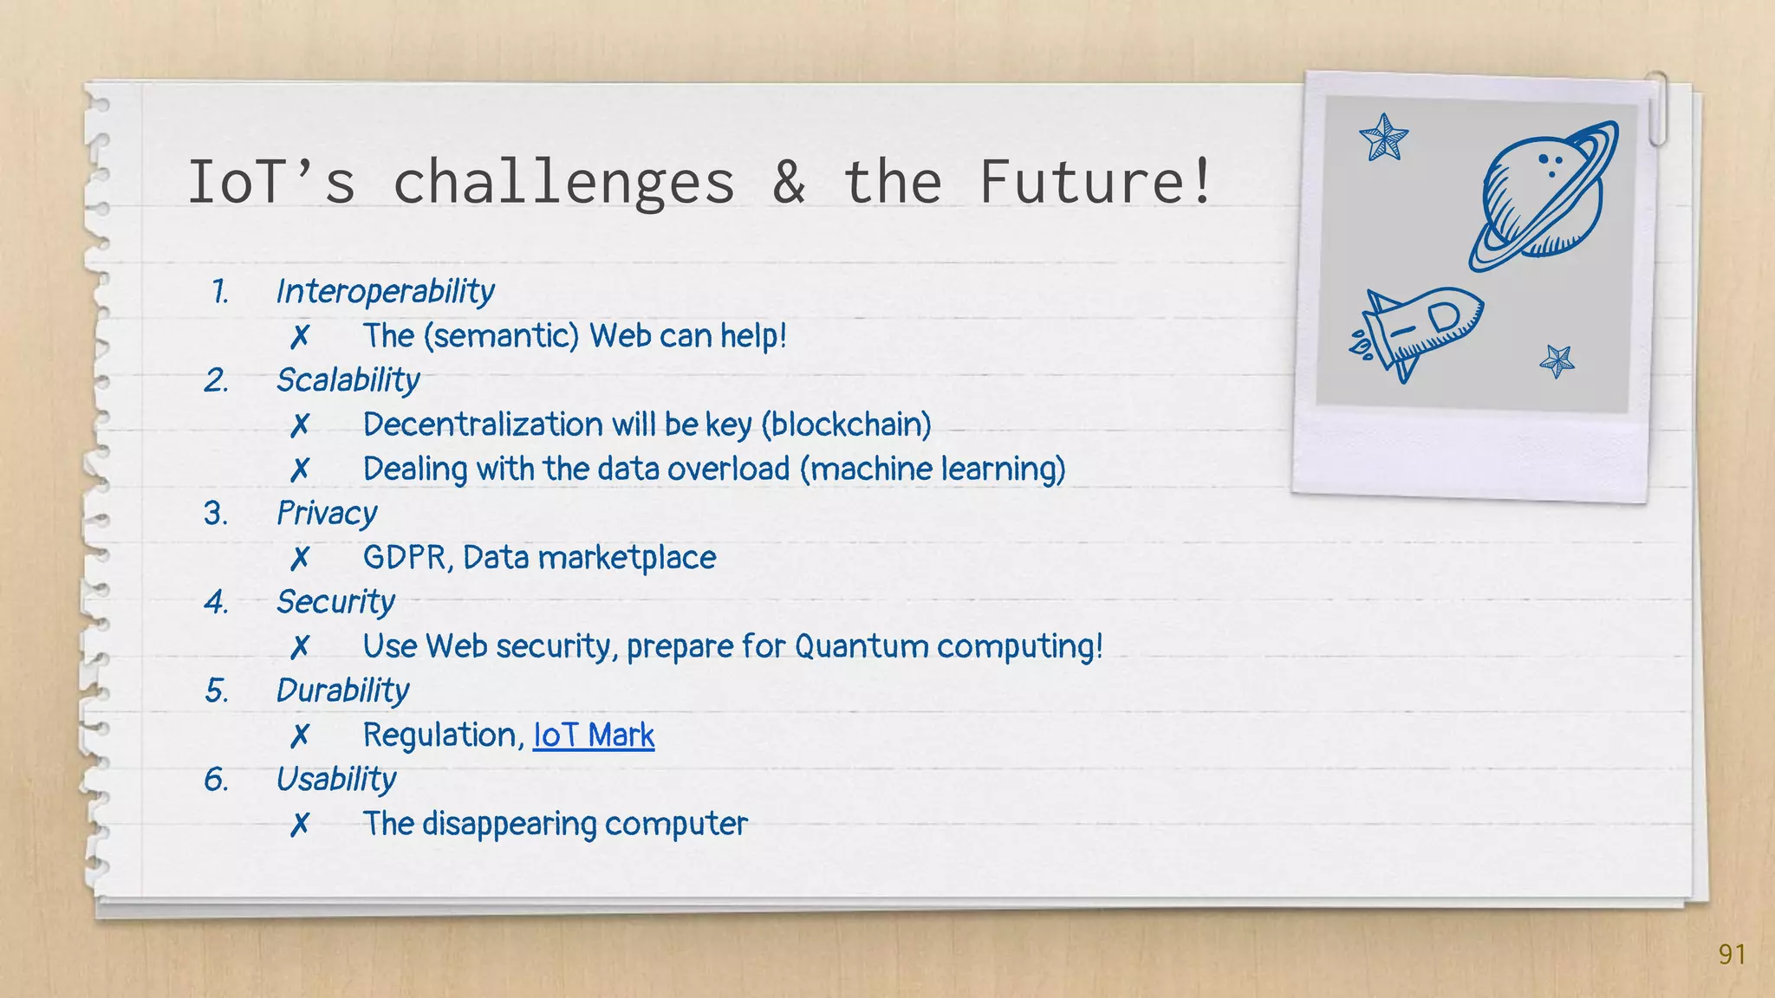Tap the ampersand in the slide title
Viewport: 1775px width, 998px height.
789,182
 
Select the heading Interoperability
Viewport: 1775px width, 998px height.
385,292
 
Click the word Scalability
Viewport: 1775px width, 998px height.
348,380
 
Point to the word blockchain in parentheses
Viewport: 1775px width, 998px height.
846,424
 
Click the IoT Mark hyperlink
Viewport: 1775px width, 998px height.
594,736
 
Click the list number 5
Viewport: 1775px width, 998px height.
216,691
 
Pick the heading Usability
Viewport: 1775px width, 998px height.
336,780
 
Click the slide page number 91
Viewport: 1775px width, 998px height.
1732,954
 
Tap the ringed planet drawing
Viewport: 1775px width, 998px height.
1544,196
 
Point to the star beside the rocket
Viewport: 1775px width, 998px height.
1557,360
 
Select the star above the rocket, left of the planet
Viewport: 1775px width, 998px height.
1384,138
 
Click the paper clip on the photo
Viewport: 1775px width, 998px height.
1657,107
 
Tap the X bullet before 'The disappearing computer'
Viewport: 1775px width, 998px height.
300,825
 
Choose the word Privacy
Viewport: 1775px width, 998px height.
327,514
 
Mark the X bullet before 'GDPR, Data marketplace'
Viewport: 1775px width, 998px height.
300,559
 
